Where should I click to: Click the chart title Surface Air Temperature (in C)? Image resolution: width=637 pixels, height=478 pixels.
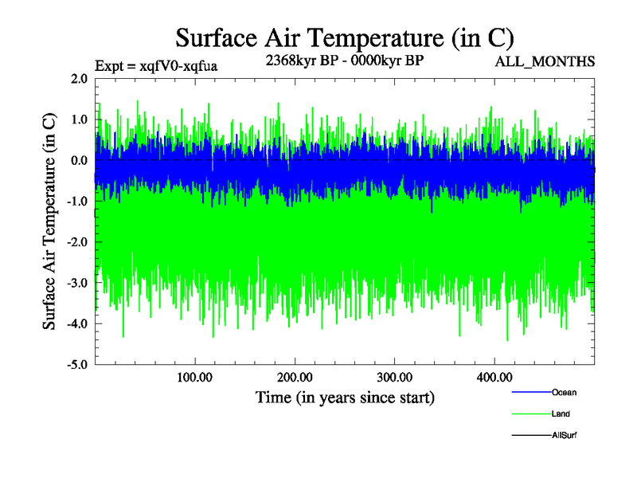tap(344, 37)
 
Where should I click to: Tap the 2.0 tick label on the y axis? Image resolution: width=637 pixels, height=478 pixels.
tap(80, 79)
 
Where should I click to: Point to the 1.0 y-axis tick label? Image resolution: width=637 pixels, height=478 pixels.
tap(80, 119)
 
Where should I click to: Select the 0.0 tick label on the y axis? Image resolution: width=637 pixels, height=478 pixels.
tap(80, 160)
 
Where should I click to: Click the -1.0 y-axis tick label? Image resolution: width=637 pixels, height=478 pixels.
tap(78, 202)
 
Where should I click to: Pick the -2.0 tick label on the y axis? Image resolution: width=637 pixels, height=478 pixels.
tap(78, 242)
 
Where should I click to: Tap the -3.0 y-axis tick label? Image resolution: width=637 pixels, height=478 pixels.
tap(78, 283)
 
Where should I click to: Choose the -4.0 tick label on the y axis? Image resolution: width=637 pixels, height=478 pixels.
tap(78, 323)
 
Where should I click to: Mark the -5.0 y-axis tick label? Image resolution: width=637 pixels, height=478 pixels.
tap(78, 365)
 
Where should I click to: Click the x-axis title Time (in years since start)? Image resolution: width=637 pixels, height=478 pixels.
tap(345, 396)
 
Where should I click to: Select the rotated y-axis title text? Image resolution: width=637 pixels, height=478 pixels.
tap(49, 221)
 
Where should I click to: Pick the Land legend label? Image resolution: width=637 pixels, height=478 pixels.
tap(561, 413)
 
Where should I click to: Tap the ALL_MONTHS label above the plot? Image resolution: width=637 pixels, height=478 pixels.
tap(543, 61)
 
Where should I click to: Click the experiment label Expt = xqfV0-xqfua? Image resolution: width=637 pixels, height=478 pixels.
tap(156, 65)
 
